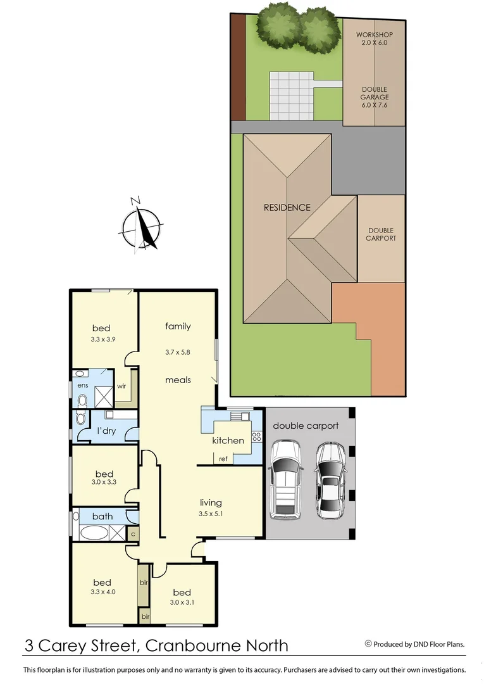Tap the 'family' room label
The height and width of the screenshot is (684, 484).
click(178, 327)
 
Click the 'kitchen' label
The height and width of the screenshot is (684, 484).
click(228, 440)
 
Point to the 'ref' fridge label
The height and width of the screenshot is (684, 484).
click(223, 459)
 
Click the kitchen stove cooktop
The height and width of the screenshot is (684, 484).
click(257, 436)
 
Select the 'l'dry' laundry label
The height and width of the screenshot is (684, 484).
click(105, 431)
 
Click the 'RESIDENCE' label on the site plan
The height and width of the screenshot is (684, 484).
click(287, 207)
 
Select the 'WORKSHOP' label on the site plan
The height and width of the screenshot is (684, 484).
click(374, 34)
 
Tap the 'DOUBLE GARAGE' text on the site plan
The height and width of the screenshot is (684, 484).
click(374, 97)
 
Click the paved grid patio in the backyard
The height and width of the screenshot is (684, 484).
click(292, 96)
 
